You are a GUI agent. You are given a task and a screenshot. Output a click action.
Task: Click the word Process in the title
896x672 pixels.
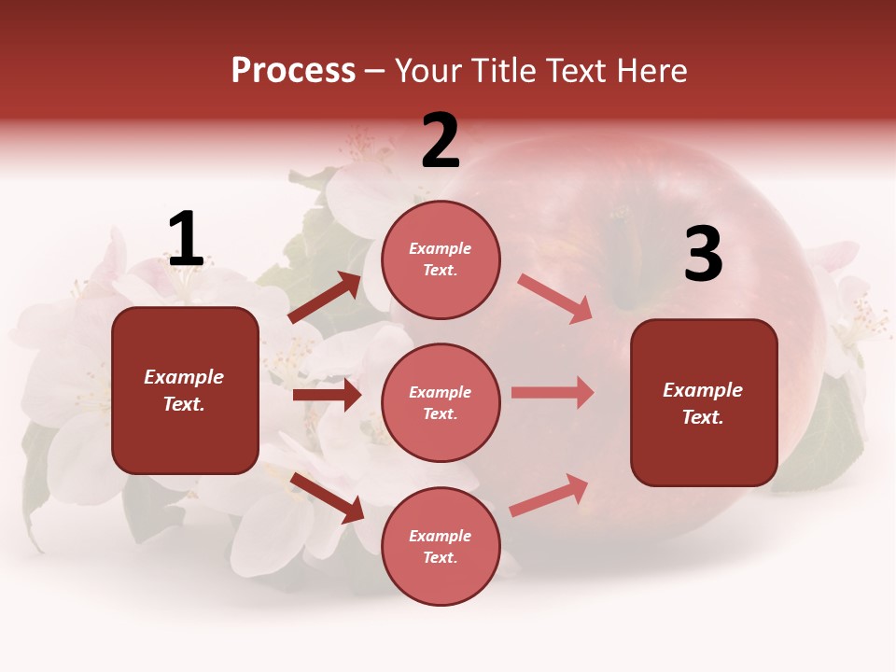(x=293, y=71)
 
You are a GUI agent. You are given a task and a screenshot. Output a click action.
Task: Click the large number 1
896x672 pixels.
(x=186, y=240)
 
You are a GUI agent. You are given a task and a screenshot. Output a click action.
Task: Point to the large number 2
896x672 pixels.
(x=441, y=141)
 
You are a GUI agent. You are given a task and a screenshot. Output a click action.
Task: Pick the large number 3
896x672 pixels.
(x=703, y=255)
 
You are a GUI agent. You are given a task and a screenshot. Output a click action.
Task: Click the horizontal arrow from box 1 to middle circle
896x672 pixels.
(x=327, y=395)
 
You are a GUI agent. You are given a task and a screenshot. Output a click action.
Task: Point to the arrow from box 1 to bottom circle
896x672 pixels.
(x=328, y=497)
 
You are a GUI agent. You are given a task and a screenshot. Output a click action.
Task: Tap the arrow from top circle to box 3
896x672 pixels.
(x=554, y=298)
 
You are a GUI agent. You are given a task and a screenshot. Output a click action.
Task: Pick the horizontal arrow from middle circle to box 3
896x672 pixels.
(x=553, y=392)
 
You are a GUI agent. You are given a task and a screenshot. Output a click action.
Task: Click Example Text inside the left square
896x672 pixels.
(x=184, y=390)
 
